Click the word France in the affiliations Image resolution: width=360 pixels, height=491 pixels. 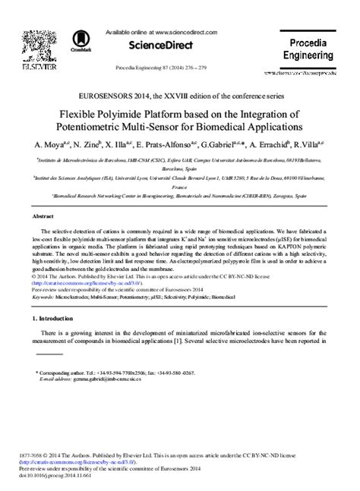point(179,186)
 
